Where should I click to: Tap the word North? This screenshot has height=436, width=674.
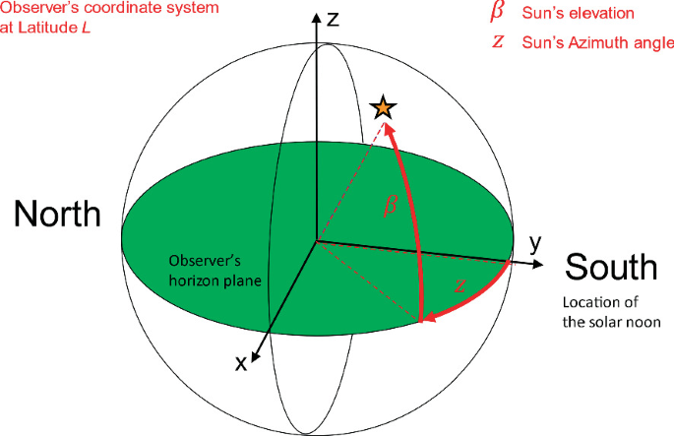click(56, 215)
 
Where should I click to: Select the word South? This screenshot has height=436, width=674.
click(611, 267)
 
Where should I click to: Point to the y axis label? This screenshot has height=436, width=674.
click(536, 241)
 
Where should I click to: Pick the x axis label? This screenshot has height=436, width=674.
click(239, 362)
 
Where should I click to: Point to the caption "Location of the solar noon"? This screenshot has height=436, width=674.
click(609, 311)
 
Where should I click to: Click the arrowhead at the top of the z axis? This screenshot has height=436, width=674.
click(315, 17)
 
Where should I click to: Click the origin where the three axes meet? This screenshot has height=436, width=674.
click(315, 240)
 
